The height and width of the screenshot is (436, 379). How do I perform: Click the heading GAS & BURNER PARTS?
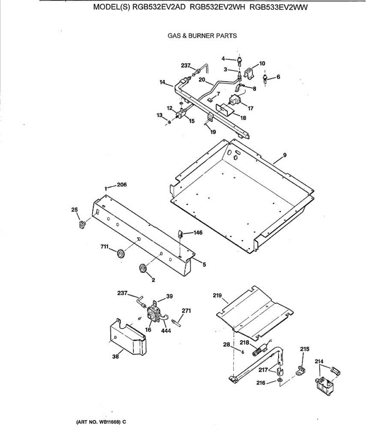click(202, 36)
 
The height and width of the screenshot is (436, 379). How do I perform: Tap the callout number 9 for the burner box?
click(284, 155)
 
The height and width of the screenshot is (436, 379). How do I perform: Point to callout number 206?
click(122, 185)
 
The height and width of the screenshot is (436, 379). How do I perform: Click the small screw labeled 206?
click(105, 188)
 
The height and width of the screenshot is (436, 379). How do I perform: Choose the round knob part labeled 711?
click(120, 253)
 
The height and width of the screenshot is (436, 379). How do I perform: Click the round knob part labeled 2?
click(143, 269)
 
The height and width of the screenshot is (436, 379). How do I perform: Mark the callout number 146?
click(198, 233)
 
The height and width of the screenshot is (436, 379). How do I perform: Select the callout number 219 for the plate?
click(217, 295)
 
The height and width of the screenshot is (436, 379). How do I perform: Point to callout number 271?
click(186, 311)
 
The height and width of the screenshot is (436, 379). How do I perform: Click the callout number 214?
click(319, 362)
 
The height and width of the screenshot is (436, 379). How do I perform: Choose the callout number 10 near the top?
click(262, 63)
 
